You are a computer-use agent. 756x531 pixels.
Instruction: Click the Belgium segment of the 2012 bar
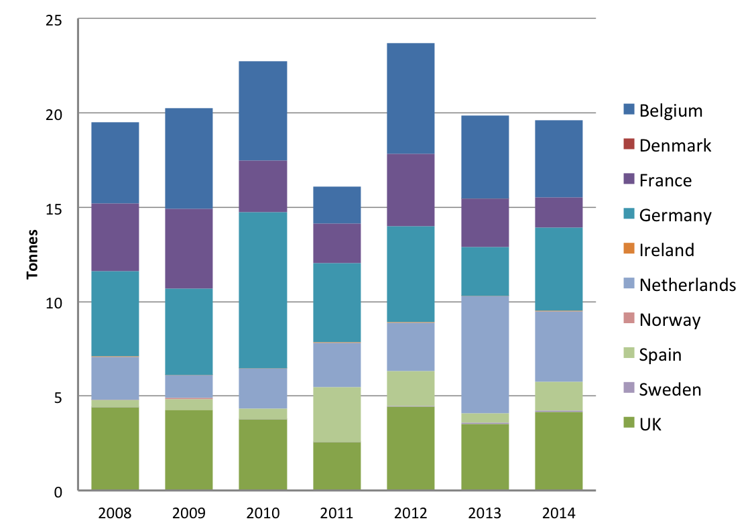tap(411, 99)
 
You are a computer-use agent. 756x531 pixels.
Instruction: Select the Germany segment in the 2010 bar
tap(263, 290)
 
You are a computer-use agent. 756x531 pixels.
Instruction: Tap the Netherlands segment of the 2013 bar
tap(485, 355)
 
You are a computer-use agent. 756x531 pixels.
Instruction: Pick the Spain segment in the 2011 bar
tap(337, 415)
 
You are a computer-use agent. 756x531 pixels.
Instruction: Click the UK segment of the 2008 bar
tap(115, 449)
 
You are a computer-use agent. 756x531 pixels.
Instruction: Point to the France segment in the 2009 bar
tap(189, 249)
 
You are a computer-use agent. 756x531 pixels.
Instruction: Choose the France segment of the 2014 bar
tap(559, 213)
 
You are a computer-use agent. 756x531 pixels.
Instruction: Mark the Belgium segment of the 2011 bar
tap(337, 205)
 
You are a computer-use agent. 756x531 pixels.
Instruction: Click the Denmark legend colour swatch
tap(629, 144)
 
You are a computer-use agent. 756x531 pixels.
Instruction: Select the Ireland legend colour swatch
tap(629, 249)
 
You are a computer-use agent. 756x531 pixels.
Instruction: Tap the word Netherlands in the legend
tap(688, 285)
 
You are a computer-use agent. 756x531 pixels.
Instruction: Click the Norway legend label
tap(670, 320)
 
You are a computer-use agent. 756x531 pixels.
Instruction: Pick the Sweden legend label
tap(670, 390)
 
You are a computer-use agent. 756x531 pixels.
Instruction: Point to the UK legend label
tap(650, 424)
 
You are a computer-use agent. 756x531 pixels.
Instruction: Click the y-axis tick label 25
tap(54, 20)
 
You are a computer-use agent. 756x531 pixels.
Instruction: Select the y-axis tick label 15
tap(54, 209)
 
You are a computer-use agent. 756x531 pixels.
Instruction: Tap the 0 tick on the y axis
tap(58, 492)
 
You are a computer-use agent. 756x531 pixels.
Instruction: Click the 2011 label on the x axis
tap(336, 513)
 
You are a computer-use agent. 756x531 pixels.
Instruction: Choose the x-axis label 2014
tap(559, 513)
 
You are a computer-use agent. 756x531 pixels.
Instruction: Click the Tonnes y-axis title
tap(32, 254)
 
